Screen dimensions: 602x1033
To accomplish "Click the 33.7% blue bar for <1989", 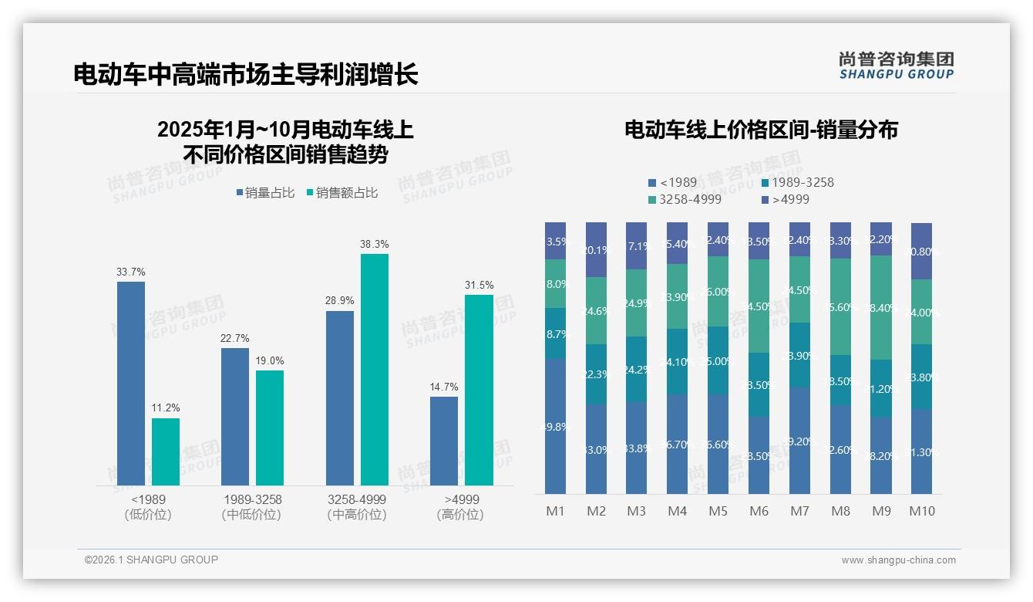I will click(x=131, y=384).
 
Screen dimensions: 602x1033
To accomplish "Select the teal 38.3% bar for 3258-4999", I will click(x=375, y=370).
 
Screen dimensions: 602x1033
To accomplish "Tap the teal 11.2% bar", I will click(x=166, y=451).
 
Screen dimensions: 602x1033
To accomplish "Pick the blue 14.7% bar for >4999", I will click(x=444, y=441).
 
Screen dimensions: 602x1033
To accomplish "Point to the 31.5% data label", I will click(x=479, y=285).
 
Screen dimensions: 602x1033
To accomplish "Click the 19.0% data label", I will click(x=270, y=360).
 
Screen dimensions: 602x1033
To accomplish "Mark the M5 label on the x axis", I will click(x=718, y=511).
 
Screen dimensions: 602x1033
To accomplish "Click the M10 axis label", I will click(x=922, y=511).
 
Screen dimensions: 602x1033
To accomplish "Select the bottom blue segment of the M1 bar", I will click(x=555, y=426).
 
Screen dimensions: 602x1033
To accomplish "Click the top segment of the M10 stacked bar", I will click(x=922, y=251).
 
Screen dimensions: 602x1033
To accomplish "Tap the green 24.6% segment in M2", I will click(x=596, y=311).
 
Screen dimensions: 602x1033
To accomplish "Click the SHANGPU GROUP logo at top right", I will click(x=896, y=65).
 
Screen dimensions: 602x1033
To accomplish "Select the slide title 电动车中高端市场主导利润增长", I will click(x=246, y=74).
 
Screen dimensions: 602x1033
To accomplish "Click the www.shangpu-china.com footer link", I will click(x=898, y=560).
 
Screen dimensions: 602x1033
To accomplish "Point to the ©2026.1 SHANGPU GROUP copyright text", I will click(x=151, y=560).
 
